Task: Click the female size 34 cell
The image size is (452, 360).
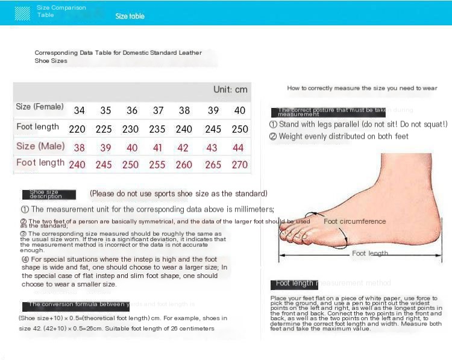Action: click(80, 110)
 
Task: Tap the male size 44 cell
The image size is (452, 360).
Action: click(239, 148)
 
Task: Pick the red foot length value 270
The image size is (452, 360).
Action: click(240, 165)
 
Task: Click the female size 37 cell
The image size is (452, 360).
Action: click(158, 110)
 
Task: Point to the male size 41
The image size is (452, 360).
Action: click(158, 148)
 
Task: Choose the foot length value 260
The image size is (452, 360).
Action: click(184, 165)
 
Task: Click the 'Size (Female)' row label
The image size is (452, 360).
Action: click(40, 107)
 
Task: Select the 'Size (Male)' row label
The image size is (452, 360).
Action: click(40, 146)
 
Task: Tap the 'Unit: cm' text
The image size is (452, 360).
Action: click(230, 90)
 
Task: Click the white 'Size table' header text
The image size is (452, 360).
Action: click(130, 16)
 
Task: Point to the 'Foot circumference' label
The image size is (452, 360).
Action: click(354, 221)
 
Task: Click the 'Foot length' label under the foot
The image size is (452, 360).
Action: click(370, 253)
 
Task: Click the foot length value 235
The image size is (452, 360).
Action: click(158, 129)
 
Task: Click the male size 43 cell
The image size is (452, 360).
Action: click(212, 148)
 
